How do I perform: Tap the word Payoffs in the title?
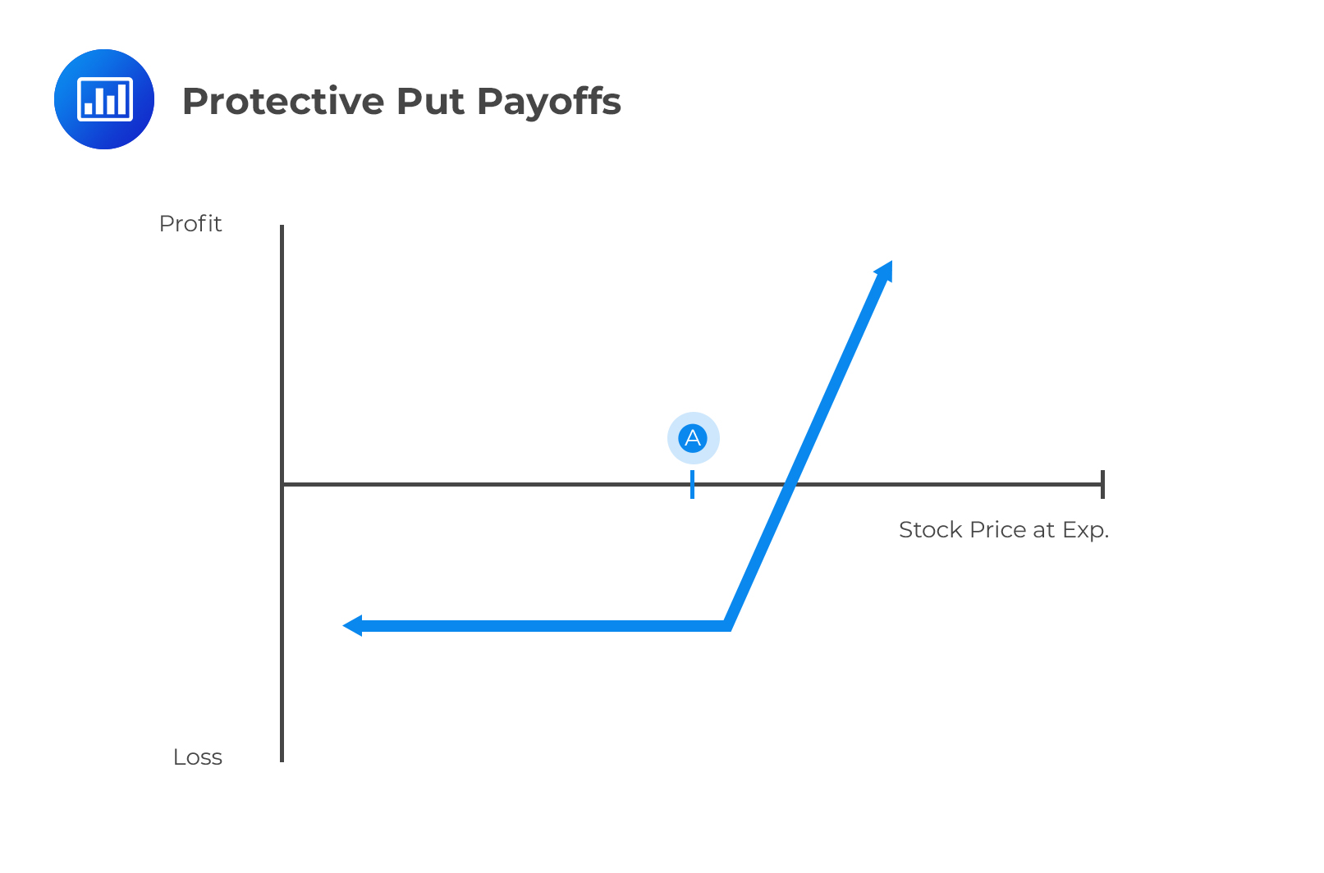(548, 102)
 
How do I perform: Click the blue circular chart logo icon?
(104, 99)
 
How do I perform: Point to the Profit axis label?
(190, 224)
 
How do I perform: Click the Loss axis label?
(198, 757)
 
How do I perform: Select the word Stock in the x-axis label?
(931, 530)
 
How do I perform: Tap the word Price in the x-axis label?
(998, 530)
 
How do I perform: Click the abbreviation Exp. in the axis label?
(1085, 530)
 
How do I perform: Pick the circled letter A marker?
(693, 438)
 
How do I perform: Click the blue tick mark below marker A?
(693, 484)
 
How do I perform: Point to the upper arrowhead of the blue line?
(885, 271)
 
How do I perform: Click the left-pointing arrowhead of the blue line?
(352, 626)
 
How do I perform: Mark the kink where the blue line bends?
(727, 626)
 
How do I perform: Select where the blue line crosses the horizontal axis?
(790, 484)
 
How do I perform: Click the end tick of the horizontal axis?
(1102, 484)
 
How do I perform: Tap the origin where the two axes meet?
(282, 484)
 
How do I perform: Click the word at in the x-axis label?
(1043, 530)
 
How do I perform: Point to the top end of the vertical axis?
(282, 227)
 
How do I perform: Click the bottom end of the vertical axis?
(282, 760)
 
